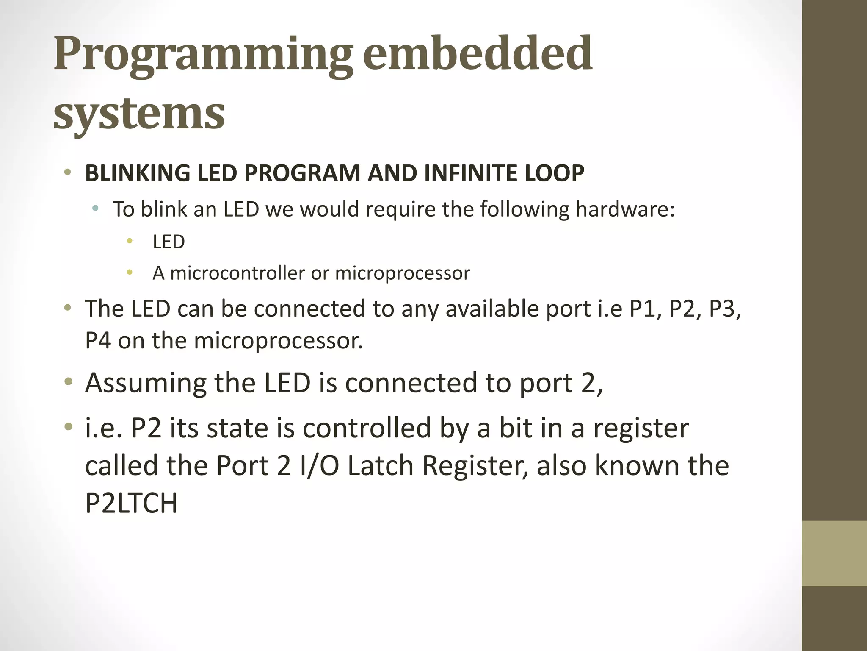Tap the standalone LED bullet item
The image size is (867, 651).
pos(168,242)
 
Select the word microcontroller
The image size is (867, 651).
pos(237,273)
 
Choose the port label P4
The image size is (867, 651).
pos(98,340)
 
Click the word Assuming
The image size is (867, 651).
pos(146,383)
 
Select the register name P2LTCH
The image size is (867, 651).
pos(131,504)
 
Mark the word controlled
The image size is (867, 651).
pos(367,428)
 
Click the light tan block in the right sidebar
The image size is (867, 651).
pos(834,553)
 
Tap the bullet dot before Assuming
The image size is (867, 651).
pos(68,382)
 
